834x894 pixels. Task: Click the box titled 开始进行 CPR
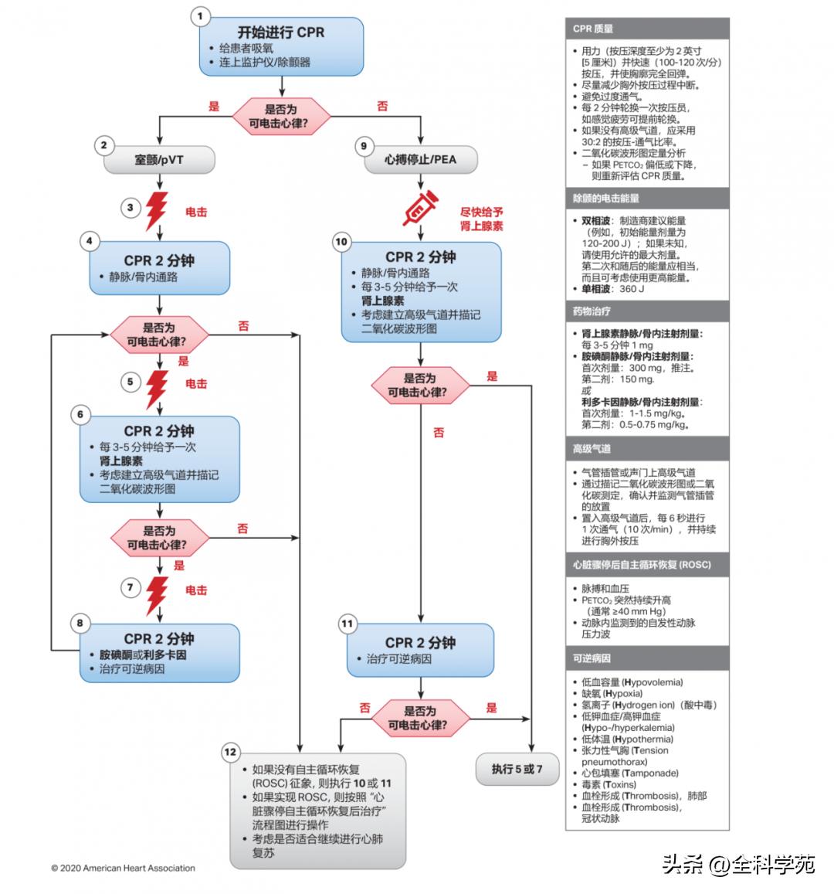coord(282,46)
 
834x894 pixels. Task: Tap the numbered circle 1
coord(200,16)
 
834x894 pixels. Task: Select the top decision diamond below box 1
coord(282,116)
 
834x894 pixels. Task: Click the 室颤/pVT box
coord(159,160)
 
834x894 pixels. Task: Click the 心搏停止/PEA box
coord(421,160)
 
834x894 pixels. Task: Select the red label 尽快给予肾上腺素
coord(482,219)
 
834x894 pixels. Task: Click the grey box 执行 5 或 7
coord(517,769)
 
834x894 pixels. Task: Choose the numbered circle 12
coord(230,752)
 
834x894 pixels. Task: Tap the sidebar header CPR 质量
coord(593,29)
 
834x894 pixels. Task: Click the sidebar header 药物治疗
coord(592,311)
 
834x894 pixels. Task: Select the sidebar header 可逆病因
coord(592,658)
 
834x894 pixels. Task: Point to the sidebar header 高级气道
coord(592,449)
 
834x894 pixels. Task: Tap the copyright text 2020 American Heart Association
coord(124,868)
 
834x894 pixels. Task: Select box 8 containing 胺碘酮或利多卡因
coord(159,653)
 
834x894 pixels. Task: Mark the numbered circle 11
coord(347,624)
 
